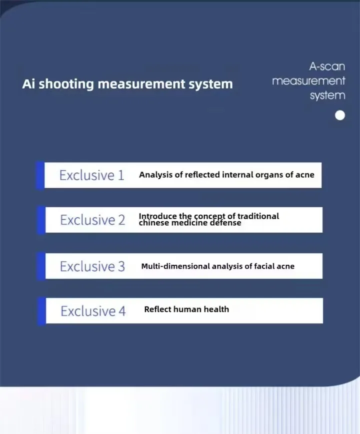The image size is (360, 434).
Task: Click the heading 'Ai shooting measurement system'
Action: (127, 84)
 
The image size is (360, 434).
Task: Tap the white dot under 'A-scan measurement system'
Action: (340, 116)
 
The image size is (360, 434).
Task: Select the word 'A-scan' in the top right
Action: (327, 67)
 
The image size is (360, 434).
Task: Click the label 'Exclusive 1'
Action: (91, 175)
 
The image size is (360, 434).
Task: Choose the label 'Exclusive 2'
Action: (92, 220)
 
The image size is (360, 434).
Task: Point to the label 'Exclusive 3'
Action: (92, 266)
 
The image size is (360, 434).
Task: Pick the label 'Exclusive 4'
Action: (93, 311)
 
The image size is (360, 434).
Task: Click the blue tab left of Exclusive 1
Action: (40, 175)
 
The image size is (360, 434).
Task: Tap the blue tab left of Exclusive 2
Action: (40, 220)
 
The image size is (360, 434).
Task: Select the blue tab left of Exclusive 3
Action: (41, 266)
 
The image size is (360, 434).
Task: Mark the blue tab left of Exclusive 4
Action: (41, 311)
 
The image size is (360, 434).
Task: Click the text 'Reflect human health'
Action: (186, 309)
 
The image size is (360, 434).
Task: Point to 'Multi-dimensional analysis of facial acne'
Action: (218, 266)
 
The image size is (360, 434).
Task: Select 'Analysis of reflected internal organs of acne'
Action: (227, 175)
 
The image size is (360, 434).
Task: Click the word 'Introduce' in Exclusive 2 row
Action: (158, 216)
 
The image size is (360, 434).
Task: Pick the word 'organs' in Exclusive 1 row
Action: (270, 175)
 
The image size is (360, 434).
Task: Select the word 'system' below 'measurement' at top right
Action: (327, 95)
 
